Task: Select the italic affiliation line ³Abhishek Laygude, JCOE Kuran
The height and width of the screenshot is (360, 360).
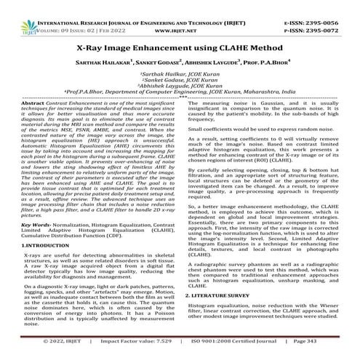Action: pos(180,87)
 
